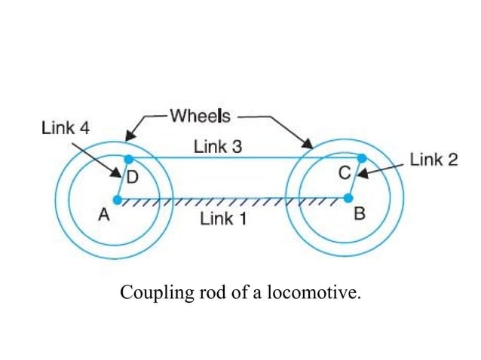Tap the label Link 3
(x=218, y=147)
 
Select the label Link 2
(x=434, y=160)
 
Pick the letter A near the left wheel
(x=103, y=215)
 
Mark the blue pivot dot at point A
(x=117, y=200)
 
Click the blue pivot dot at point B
(x=348, y=199)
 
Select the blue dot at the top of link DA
(x=128, y=159)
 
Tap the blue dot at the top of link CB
(x=362, y=158)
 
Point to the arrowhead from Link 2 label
(x=360, y=175)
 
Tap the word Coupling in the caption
(x=149, y=292)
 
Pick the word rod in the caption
(x=197, y=292)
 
